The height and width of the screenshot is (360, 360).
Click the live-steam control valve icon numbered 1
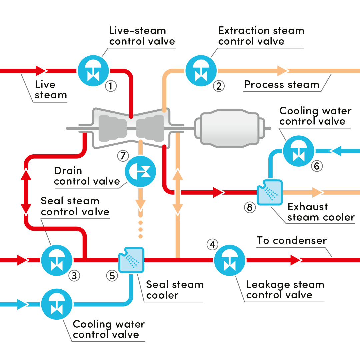(x=93, y=70)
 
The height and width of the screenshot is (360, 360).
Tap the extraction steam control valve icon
(x=201, y=70)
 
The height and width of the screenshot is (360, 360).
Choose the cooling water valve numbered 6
(x=298, y=151)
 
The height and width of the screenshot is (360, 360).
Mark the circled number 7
(x=123, y=155)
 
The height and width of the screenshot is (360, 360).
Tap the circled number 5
(x=112, y=276)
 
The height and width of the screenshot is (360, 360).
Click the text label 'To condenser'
(x=291, y=241)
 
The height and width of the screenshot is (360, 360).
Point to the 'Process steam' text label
(x=282, y=85)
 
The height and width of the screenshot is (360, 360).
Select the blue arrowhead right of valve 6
(x=336, y=151)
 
